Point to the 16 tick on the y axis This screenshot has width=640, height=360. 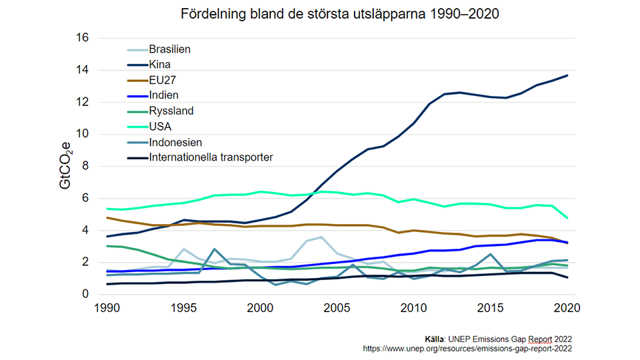[x=82, y=38]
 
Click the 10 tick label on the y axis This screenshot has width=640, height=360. [x=82, y=134]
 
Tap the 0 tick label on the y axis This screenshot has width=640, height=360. [x=85, y=295]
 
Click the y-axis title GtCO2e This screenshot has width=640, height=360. [x=65, y=165]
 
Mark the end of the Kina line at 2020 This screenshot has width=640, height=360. [x=567, y=75]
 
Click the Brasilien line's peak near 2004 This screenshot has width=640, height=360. [x=321, y=237]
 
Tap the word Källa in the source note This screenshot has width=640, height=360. [x=436, y=339]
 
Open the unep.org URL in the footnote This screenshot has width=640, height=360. [x=467, y=348]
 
